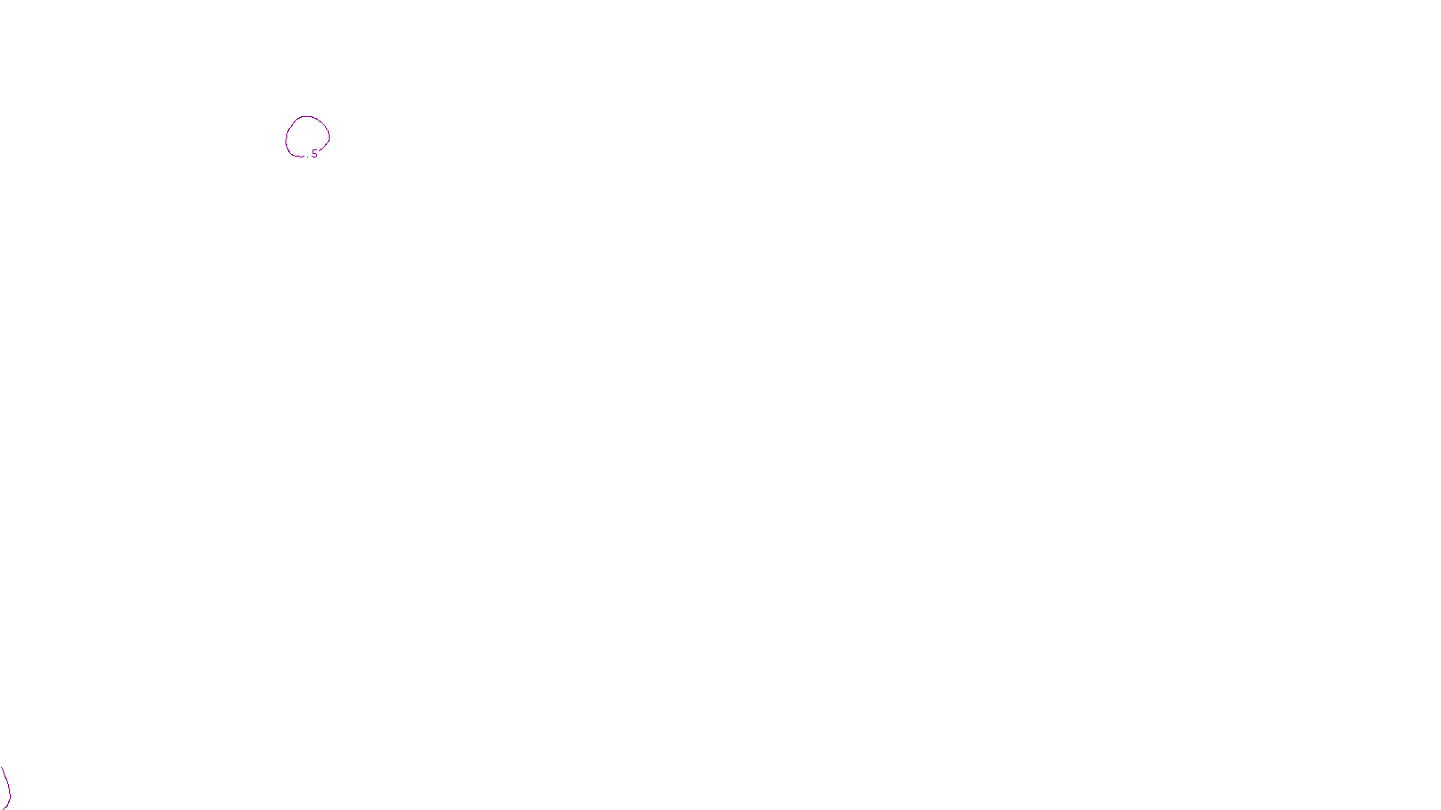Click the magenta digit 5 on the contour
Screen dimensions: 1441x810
[314, 155]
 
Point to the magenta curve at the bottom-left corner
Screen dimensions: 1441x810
[7, 788]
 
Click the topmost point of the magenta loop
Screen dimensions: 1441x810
[307, 116]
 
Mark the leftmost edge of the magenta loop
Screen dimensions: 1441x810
[286, 139]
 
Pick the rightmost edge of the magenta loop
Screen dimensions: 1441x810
[329, 137]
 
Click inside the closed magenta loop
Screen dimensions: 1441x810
[307, 136]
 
